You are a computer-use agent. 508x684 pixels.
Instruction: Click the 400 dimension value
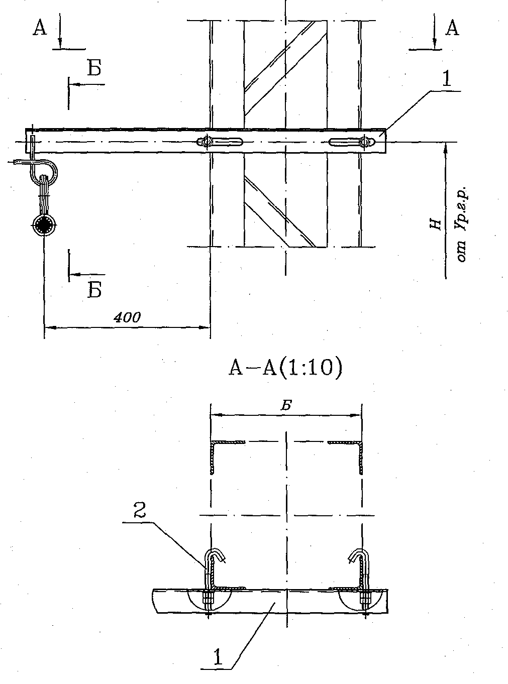point(127,317)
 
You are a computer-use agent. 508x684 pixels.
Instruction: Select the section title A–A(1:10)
point(285,368)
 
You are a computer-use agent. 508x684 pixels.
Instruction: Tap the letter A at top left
point(40,28)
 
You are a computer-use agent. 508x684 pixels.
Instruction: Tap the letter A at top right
point(452,28)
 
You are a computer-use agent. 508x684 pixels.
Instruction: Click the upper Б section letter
point(94,68)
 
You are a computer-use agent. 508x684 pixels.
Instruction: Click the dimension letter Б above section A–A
point(286,406)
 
